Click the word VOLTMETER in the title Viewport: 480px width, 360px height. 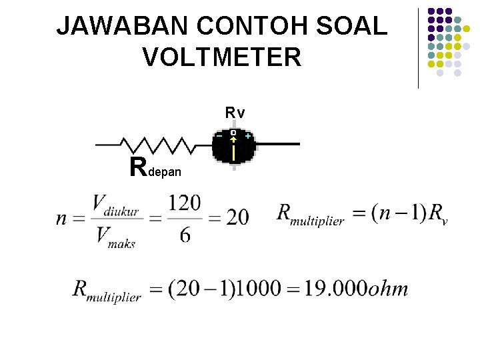tap(222, 58)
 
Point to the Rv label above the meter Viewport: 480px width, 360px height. tap(235, 113)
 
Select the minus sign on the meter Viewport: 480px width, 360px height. tap(219, 136)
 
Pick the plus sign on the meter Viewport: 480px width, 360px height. tap(248, 136)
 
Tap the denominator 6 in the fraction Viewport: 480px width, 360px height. tap(185, 235)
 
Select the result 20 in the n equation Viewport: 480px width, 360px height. tap(237, 217)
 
